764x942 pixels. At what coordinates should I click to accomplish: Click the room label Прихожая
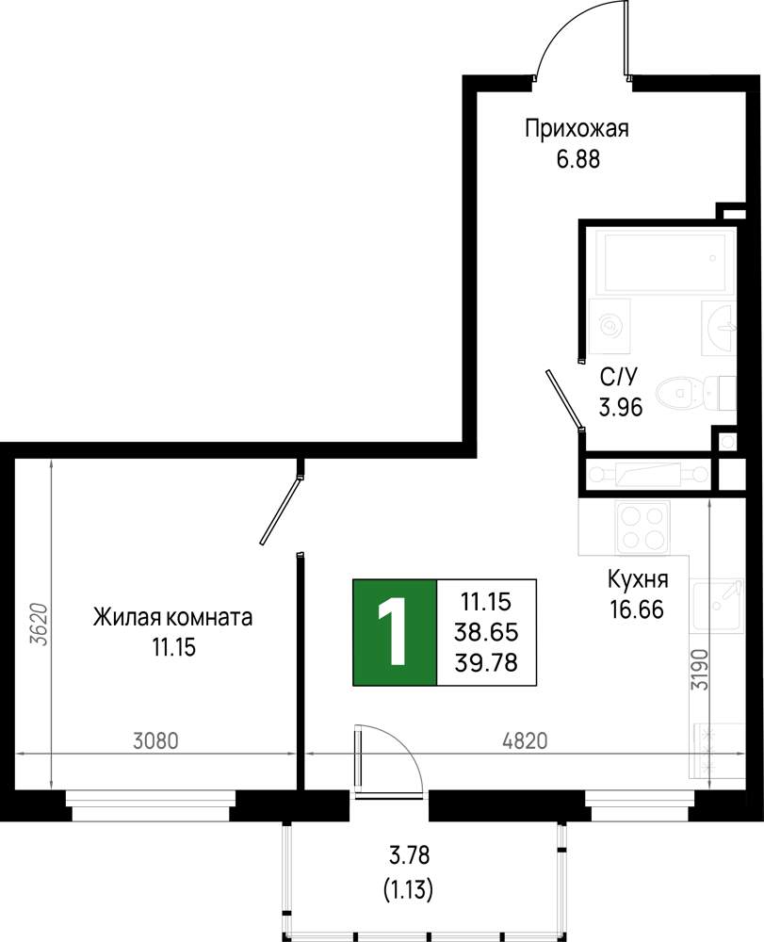pos(577,130)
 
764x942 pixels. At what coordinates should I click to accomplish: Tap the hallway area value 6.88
pos(578,160)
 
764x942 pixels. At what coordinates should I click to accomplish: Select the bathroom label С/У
pos(619,378)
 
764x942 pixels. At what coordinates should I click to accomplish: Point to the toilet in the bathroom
pos(696,394)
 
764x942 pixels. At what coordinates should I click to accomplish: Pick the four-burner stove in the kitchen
pos(642,528)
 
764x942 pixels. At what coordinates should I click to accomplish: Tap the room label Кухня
pos(638,579)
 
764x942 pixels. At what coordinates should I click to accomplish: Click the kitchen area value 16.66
pos(637,609)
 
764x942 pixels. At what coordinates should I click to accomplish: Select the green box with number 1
pos(395,633)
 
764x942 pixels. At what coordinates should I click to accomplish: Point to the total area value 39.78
pos(486,662)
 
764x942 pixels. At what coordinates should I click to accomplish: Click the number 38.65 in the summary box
pos(486,632)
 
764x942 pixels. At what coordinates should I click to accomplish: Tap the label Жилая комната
pos(173,618)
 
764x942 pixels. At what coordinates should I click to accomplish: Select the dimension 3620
pos(40,624)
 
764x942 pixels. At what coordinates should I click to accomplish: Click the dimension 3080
pos(155,741)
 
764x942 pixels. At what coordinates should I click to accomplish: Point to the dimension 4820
pos(525,741)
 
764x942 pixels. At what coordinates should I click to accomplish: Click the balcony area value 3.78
pos(409,855)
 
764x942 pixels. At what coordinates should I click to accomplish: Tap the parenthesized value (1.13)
pos(409,889)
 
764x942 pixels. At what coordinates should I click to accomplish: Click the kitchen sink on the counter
pos(717,606)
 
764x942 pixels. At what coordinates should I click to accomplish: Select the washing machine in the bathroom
pos(610,325)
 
